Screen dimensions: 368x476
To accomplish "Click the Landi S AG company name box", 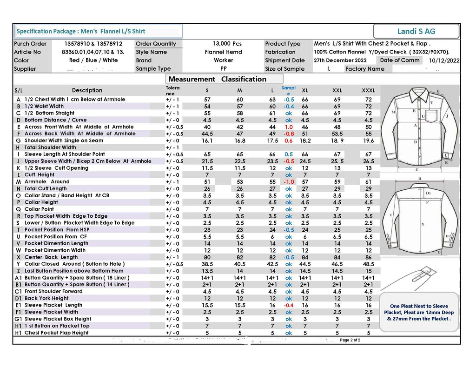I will pyautogui.click(x=416, y=31).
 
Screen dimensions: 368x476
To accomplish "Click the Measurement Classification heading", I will pyautogui.click(x=217, y=79).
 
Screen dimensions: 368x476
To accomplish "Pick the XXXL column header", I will pyautogui.click(x=368, y=90).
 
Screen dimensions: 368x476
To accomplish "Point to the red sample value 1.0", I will pyautogui.click(x=289, y=127).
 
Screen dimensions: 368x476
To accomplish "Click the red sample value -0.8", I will pyautogui.click(x=289, y=134).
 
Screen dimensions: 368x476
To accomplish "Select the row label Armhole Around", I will pyautogui.click(x=47, y=182).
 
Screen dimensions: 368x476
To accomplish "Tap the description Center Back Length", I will pyautogui.click(x=51, y=257).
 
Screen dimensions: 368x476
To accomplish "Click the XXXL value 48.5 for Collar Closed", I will pyautogui.click(x=368, y=264).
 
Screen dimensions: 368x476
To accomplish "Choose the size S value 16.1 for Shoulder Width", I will pyautogui.click(x=207, y=141).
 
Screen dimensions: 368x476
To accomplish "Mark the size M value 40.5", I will pyautogui.click(x=240, y=264).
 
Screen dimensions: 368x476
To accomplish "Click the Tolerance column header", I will pyautogui.click(x=173, y=90).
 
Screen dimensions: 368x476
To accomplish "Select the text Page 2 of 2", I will pyautogui.click(x=350, y=340).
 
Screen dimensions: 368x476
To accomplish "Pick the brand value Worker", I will pyautogui.click(x=223, y=60).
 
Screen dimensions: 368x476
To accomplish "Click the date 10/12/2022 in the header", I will pyautogui.click(x=444, y=60).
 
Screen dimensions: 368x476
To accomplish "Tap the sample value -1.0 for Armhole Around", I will pyautogui.click(x=289, y=182).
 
